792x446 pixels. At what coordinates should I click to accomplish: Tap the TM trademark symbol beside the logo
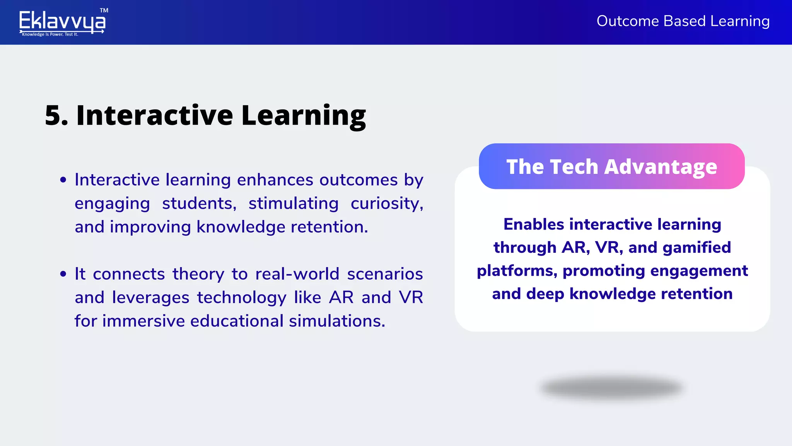(104, 10)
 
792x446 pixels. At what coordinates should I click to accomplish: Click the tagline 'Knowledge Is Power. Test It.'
(50, 34)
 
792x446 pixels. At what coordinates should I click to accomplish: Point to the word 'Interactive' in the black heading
(155, 115)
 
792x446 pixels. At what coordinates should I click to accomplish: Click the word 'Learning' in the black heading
(304, 116)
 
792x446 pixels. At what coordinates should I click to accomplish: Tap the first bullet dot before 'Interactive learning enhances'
(63, 180)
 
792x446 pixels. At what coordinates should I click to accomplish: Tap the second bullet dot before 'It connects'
(63, 274)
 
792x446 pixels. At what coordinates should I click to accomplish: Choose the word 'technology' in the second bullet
(242, 298)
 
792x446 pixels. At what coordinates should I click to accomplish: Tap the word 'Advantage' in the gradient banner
(661, 167)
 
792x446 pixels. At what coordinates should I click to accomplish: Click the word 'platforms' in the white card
(517, 271)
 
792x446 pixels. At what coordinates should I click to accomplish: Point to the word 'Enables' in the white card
(534, 225)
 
